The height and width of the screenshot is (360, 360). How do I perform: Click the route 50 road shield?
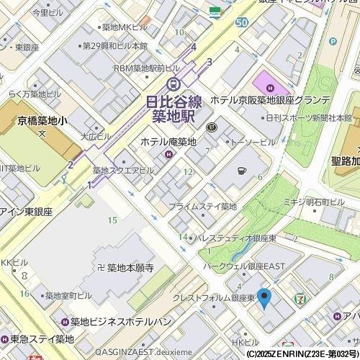pyautogui.click(x=241, y=22)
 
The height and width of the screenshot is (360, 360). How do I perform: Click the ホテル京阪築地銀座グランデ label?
pyautogui.click(x=270, y=102)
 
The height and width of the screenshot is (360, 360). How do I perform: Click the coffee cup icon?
pyautogui.click(x=242, y=171)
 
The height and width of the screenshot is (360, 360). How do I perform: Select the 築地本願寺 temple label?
pyautogui.click(x=130, y=268)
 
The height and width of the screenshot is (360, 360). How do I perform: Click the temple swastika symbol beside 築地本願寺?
pyautogui.click(x=101, y=268)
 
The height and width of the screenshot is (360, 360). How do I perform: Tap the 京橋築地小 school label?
pyautogui.click(x=42, y=121)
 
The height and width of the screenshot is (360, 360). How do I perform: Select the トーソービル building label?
pyautogui.click(x=252, y=142)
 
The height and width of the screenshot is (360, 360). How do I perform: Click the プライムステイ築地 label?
pyautogui.click(x=202, y=206)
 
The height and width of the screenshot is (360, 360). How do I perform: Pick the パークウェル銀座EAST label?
pyautogui.click(x=244, y=266)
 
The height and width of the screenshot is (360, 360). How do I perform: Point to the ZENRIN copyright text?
pyautogui.click(x=302, y=354)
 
